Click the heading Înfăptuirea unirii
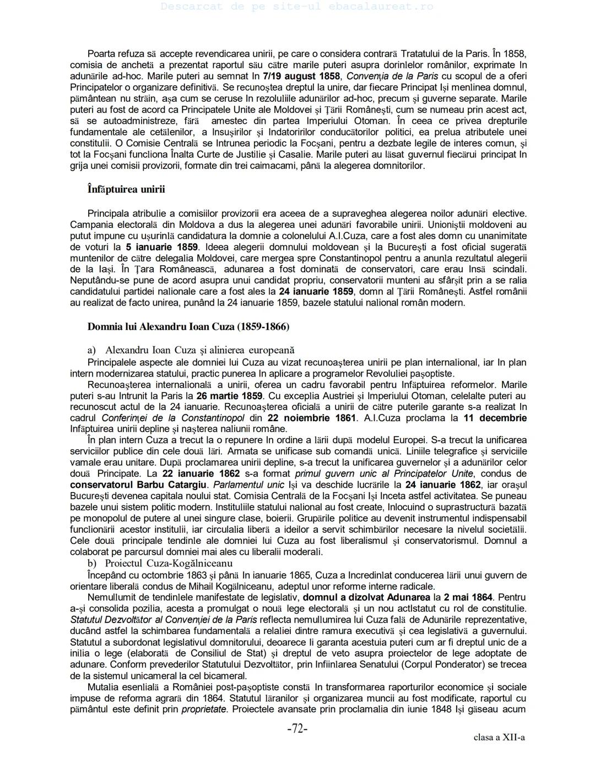click(126, 189)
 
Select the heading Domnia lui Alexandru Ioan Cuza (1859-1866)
click(188, 326)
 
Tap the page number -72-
click(297, 729)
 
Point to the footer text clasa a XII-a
click(499, 737)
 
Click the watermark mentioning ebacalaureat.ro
click(297, 7)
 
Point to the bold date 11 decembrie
click(495, 418)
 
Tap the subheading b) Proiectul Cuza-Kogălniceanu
click(160, 563)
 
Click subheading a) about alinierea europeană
click(191, 350)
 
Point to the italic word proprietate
click(205, 710)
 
